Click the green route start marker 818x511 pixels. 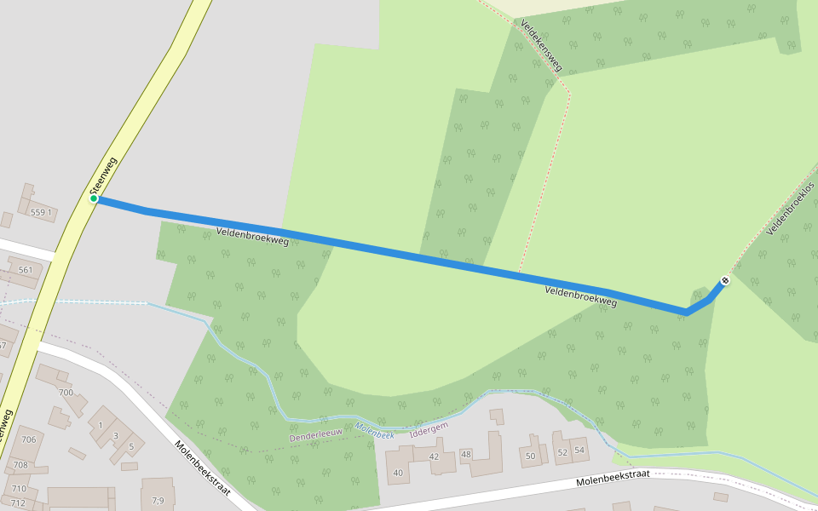point(94,199)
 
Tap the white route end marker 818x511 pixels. point(725,280)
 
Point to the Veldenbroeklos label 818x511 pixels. point(791,209)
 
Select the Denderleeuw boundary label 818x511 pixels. point(315,437)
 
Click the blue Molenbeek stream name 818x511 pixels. point(375,433)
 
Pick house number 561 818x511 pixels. point(25,271)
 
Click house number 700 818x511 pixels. point(66,393)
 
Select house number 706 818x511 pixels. point(29,439)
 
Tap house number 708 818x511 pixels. point(20,465)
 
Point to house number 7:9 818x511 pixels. point(158,500)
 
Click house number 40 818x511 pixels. point(397,473)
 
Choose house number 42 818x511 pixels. point(434,456)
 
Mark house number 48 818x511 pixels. point(465,454)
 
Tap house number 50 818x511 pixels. point(530,456)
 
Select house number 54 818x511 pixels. point(579,450)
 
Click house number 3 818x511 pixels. point(116,436)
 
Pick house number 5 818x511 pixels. point(131,446)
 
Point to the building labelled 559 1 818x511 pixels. point(41,212)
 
